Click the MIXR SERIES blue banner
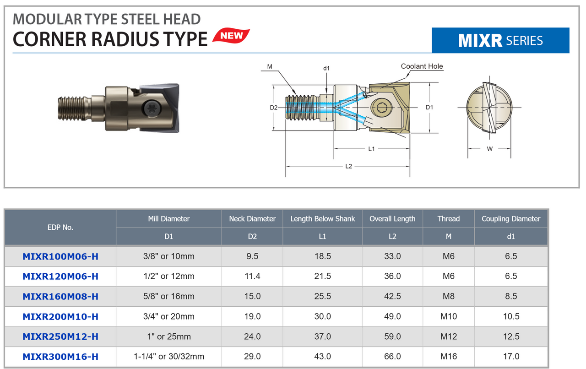click(500, 40)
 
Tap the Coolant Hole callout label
click(422, 66)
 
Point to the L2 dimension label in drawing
click(348, 166)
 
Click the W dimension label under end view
click(489, 149)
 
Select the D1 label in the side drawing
click(429, 107)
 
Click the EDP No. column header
click(60, 227)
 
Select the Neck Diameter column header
click(252, 219)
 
